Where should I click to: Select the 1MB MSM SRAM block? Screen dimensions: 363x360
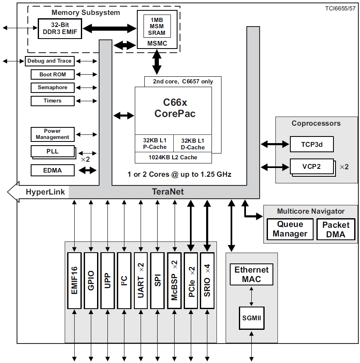click(x=157, y=26)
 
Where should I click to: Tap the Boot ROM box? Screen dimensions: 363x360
click(x=53, y=75)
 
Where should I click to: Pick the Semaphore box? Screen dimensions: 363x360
click(x=53, y=88)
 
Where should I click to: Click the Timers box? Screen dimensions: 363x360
click(x=53, y=101)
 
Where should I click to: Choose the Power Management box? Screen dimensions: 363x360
click(x=53, y=134)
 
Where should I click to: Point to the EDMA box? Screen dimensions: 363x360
click(x=53, y=170)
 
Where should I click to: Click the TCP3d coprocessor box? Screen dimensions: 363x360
click(x=311, y=145)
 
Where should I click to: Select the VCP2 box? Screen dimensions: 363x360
click(x=311, y=167)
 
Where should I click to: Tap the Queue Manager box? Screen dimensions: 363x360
click(x=290, y=229)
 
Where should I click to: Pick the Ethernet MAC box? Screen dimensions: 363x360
click(x=252, y=274)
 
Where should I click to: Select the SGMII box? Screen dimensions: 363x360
click(x=252, y=318)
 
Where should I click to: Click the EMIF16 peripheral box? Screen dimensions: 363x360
click(x=74, y=281)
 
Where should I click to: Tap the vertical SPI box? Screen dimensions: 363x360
click(x=158, y=281)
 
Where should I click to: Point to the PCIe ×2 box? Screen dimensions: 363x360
click(x=191, y=281)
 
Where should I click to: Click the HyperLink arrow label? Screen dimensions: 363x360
click(x=46, y=192)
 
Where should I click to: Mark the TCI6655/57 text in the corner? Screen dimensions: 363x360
click(x=341, y=8)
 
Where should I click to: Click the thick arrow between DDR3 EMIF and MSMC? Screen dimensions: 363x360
click(x=109, y=29)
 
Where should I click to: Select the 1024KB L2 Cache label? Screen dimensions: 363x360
click(x=173, y=158)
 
